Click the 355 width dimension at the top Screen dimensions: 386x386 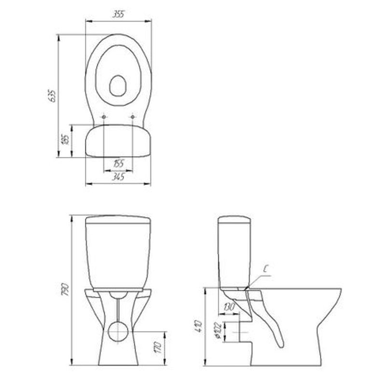click(x=118, y=14)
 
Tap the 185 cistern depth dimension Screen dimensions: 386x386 click(x=66, y=140)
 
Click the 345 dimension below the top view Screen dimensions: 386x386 click(x=118, y=177)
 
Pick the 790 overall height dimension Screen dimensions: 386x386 click(x=67, y=289)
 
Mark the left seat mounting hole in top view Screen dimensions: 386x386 click(x=104, y=116)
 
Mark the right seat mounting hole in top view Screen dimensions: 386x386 click(x=132, y=116)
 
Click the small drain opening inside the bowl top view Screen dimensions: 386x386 click(x=117, y=86)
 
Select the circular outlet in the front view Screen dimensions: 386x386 click(x=118, y=332)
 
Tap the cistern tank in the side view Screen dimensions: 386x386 click(x=235, y=251)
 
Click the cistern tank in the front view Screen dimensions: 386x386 click(x=118, y=253)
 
